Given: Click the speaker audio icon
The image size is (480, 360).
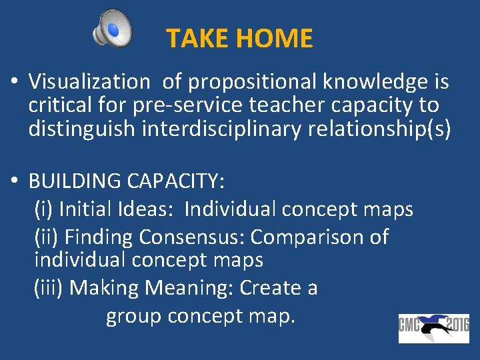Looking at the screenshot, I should pos(113,29).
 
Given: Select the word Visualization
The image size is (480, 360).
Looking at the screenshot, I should pos(89,82).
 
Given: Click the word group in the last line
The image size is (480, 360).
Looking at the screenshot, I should pos(133,316).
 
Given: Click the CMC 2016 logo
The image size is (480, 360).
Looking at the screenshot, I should pos(434,328).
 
